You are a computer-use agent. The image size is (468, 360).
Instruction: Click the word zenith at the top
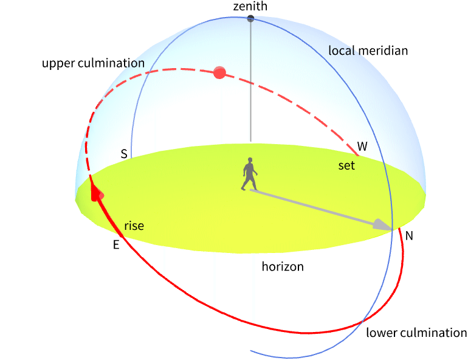click(x=250, y=6)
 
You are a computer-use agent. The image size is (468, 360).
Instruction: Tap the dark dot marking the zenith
click(x=250, y=19)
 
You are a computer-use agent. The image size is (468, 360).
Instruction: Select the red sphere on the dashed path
click(x=220, y=74)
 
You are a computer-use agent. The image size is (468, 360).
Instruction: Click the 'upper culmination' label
click(x=93, y=63)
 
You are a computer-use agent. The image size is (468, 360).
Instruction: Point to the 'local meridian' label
click(x=368, y=50)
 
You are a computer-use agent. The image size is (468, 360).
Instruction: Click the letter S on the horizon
click(x=124, y=154)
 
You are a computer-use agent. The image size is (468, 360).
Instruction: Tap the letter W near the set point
click(x=362, y=147)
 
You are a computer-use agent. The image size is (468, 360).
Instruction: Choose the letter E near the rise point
click(x=115, y=245)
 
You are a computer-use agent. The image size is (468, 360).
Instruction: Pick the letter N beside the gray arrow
click(x=409, y=235)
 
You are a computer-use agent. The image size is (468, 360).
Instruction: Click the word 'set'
click(x=346, y=165)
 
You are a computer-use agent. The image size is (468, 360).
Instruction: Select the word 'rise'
click(x=134, y=226)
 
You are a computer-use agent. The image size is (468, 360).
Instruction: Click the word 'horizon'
click(x=283, y=266)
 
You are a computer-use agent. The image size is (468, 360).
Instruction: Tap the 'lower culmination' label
click(x=416, y=333)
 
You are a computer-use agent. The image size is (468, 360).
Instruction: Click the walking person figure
click(x=249, y=175)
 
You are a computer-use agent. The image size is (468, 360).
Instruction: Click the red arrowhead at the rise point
click(x=95, y=192)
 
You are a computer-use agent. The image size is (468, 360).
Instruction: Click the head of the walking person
click(x=249, y=161)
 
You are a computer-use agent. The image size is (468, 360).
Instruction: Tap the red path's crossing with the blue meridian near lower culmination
click(x=364, y=320)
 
